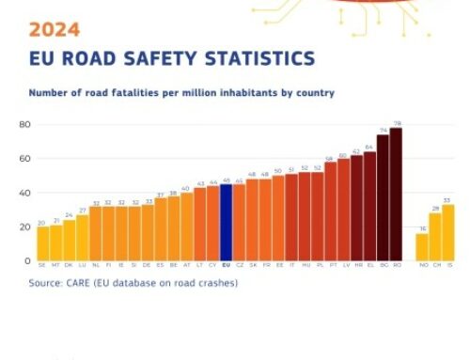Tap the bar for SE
(42, 243)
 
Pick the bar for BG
(383, 198)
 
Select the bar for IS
(447, 233)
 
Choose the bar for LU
(82, 238)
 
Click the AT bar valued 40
(186, 227)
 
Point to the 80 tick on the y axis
(23, 125)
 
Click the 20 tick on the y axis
(23, 227)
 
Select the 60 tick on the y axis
(23, 159)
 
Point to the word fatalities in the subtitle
(117, 94)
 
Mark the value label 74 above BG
(383, 131)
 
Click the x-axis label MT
(55, 266)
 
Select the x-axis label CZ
(239, 266)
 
